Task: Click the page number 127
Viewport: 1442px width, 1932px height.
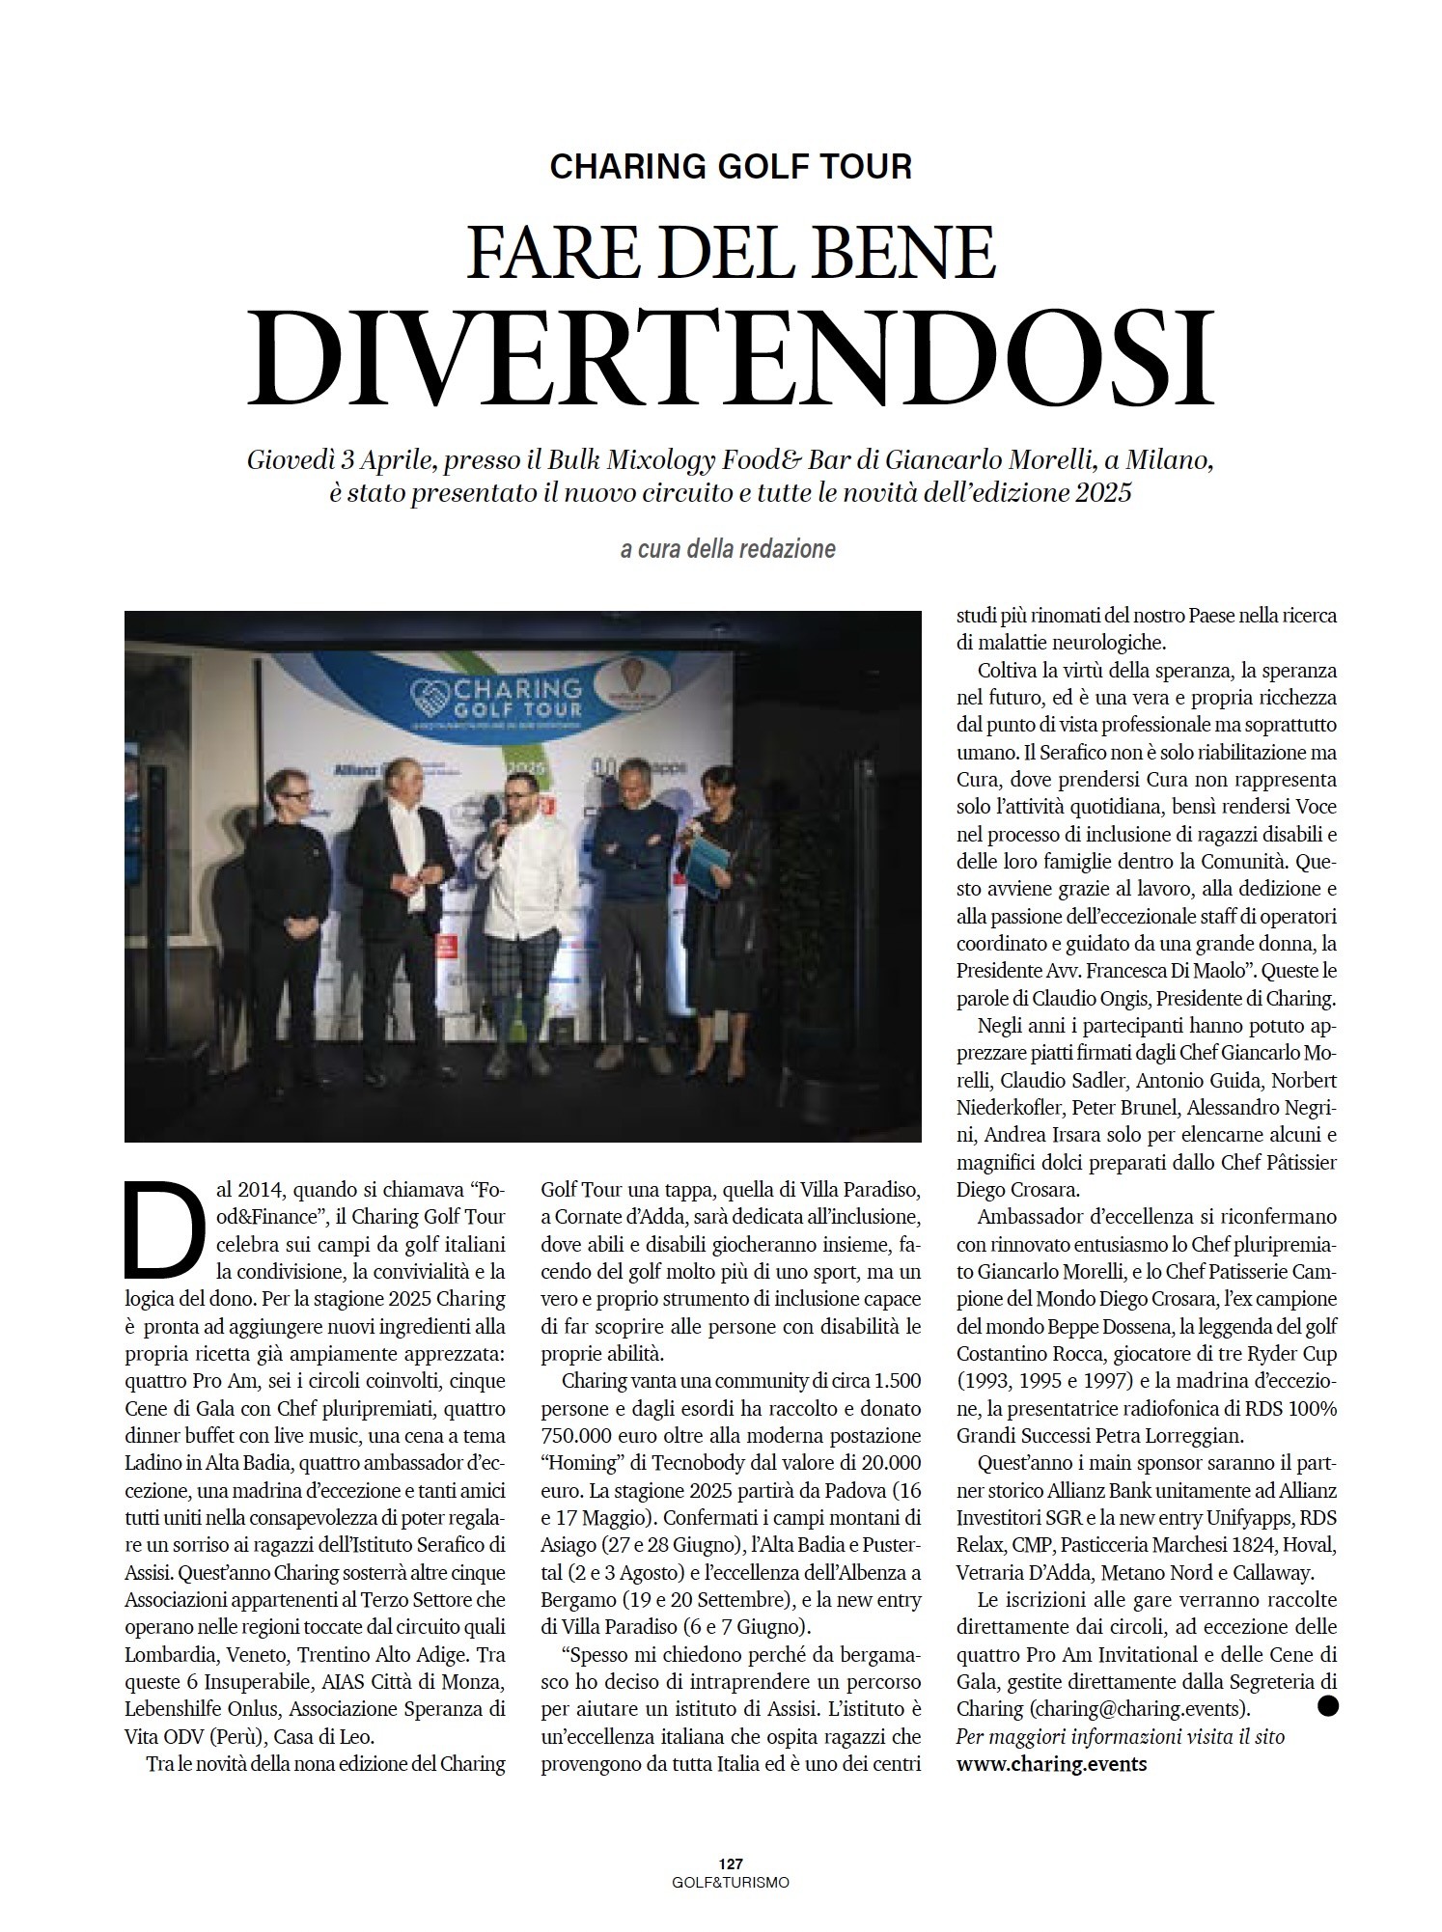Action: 730,1863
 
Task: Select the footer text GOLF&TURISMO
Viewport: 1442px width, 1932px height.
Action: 730,1881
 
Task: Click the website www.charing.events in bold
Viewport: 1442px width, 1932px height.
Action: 1051,1762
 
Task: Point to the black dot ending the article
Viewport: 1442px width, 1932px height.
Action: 1328,1706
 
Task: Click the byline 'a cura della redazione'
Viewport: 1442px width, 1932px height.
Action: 728,550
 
